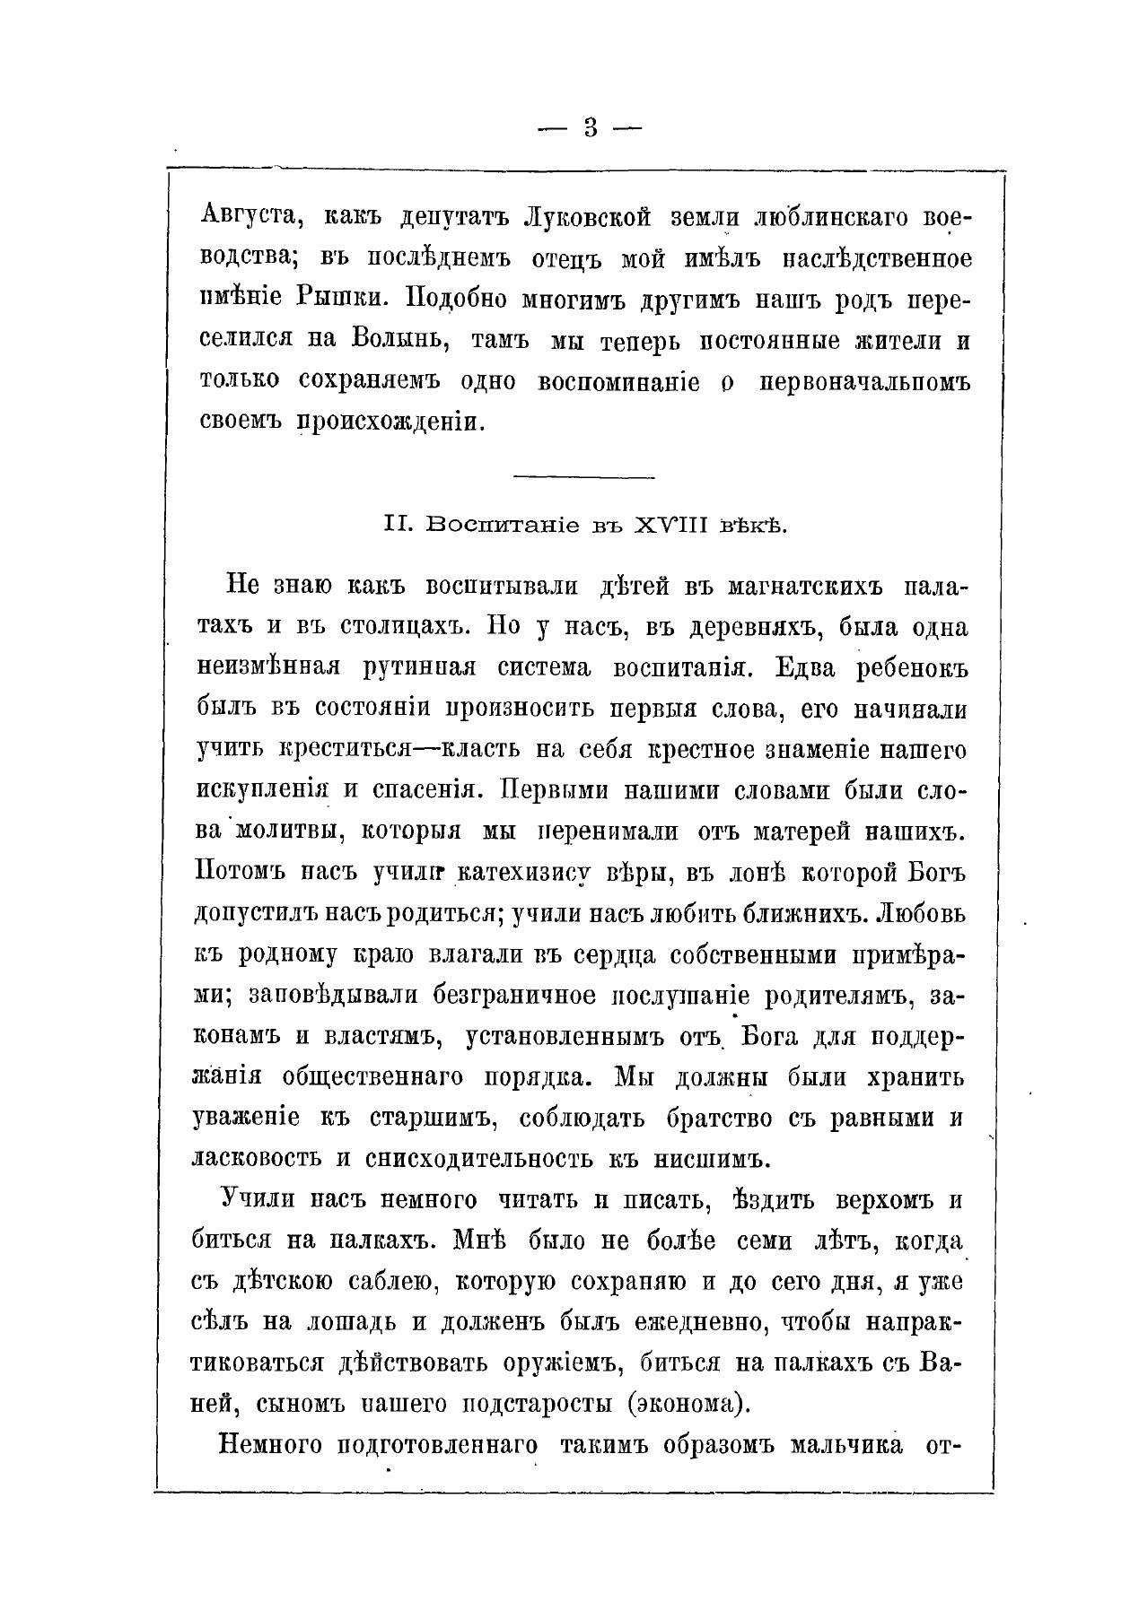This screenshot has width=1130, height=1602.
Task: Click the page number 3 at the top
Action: click(590, 127)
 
